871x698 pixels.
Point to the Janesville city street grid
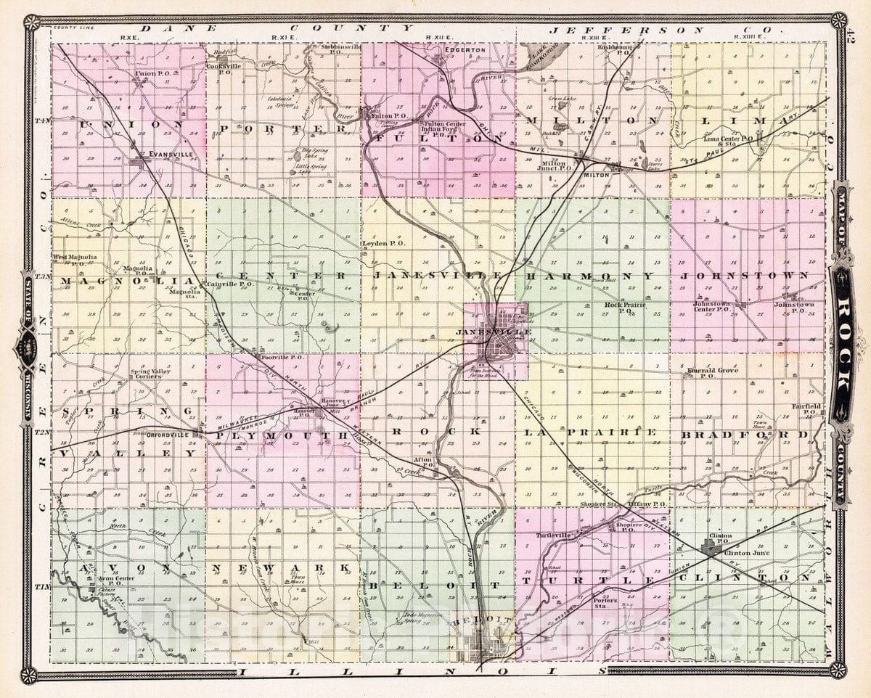(501, 341)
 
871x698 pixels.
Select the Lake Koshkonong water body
(537, 57)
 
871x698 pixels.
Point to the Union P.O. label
(151, 74)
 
